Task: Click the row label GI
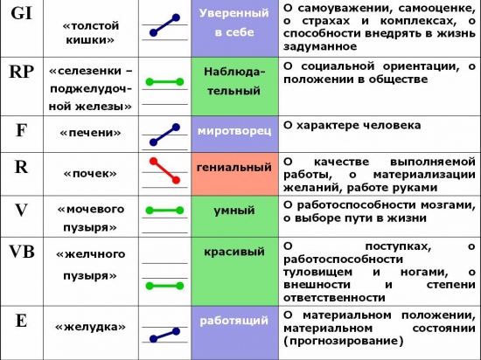tap(22, 13)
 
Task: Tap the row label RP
tap(22, 72)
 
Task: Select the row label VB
tap(22, 252)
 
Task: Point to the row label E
tap(21, 321)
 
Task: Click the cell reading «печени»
tap(90, 133)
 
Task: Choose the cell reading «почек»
tap(90, 174)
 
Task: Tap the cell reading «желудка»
tap(90, 327)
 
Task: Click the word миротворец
tap(234, 131)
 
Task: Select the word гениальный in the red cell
tap(234, 167)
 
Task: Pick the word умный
tap(234, 211)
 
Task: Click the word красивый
tap(234, 252)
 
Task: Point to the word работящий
tap(234, 321)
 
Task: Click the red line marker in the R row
tap(164, 170)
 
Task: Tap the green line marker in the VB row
tap(164, 286)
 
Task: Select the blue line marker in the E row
tap(164, 336)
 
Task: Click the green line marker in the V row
tap(164, 211)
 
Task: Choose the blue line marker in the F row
tap(164, 135)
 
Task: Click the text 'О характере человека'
tap(352, 126)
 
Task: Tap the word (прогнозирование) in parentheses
tap(343, 341)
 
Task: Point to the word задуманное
tap(320, 47)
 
